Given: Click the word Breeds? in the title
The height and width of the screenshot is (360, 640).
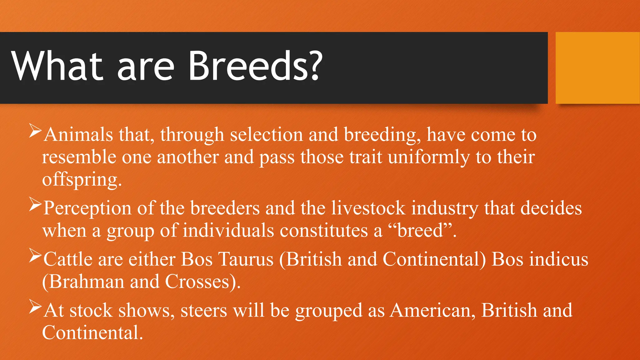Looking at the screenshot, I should (x=255, y=66).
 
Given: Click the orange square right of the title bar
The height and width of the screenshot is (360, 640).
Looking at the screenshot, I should (x=597, y=68).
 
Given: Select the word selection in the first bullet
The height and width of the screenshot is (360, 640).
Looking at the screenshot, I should (x=266, y=135).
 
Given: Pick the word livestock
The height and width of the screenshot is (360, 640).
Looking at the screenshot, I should (x=368, y=208).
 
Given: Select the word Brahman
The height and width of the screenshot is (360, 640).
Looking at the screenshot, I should (x=86, y=282).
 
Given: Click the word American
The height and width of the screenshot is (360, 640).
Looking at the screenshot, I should (x=432, y=311).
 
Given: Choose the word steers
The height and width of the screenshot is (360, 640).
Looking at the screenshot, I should (x=204, y=311).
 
